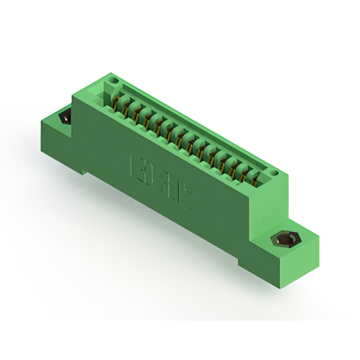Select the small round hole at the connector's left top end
114,82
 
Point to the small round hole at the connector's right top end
274,172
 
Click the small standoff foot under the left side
85,169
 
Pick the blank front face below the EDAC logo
169,219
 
